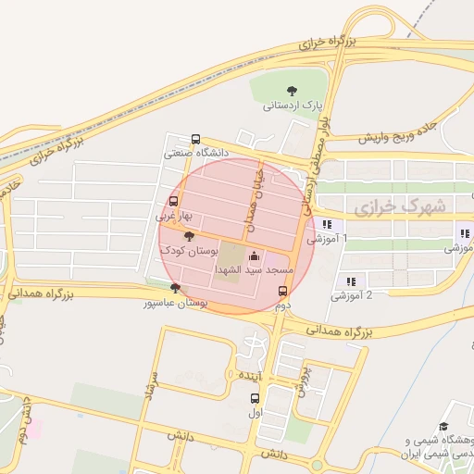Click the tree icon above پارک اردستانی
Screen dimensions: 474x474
tap(293, 90)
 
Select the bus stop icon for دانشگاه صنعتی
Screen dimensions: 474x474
tap(194, 139)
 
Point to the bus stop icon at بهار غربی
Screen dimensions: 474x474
tap(173, 201)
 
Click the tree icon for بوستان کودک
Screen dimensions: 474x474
tap(189, 238)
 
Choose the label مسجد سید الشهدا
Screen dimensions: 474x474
tap(254, 269)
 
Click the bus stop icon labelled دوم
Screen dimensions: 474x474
tap(283, 291)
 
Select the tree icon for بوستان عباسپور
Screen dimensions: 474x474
tap(174, 289)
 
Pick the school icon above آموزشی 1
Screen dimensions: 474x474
tap(326, 224)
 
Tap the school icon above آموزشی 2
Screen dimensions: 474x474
tap(350, 281)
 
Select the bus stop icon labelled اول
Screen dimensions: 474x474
tap(256, 398)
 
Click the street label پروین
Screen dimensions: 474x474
tap(301, 378)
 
